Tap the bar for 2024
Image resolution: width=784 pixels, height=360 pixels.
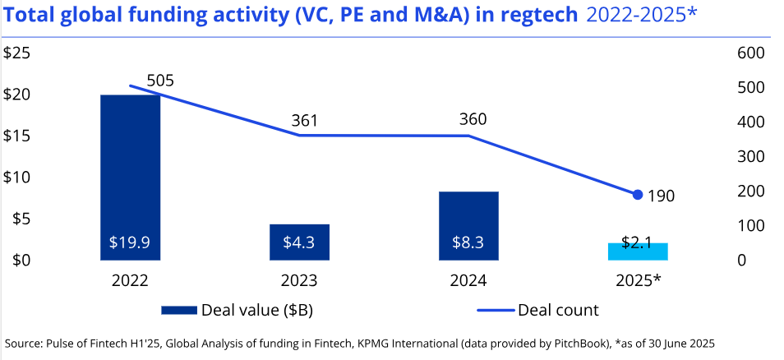[468, 218]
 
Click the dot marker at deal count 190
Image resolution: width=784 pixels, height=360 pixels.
[638, 195]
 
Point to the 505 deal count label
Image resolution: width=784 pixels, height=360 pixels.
[160, 81]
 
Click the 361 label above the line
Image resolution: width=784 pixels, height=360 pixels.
[305, 122]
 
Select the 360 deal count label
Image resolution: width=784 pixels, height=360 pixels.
[473, 119]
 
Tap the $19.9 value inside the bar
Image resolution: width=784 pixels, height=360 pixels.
[130, 243]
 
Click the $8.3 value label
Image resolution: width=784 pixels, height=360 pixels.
[468, 243]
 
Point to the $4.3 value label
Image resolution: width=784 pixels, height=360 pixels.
[299, 243]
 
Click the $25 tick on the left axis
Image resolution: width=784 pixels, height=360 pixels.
[17, 53]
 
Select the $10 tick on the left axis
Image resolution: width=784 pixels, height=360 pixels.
[17, 178]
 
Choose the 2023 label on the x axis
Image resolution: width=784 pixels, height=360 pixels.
[299, 281]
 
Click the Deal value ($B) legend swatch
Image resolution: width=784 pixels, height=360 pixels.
[179, 311]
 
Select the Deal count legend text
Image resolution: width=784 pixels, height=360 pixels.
[558, 311]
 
